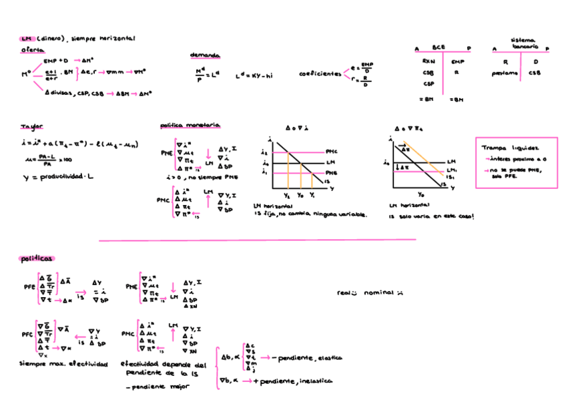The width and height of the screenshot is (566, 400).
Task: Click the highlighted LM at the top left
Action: [27, 39]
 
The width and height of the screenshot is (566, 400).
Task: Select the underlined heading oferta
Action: [31, 50]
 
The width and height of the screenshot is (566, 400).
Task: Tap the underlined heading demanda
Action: [205, 55]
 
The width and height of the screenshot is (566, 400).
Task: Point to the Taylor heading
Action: [31, 126]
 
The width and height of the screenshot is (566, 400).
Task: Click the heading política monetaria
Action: [190, 126]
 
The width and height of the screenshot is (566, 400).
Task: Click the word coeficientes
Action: [320, 74]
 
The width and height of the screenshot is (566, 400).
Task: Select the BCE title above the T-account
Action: [439, 48]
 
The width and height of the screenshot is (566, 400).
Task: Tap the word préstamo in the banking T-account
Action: [505, 73]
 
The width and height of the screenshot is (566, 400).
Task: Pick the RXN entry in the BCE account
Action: [429, 61]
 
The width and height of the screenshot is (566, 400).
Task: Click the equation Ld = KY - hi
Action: [254, 75]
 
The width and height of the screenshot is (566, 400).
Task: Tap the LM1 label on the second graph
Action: [451, 170]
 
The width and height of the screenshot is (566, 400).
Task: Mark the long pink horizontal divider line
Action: [257, 239]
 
